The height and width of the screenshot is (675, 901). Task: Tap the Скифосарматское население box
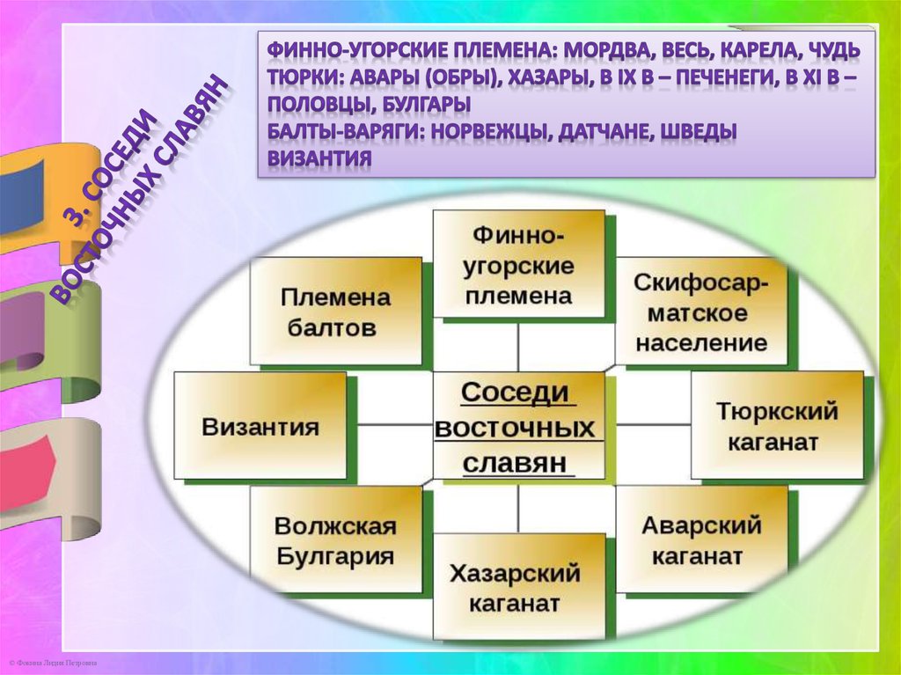700,312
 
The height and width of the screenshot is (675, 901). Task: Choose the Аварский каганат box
701,540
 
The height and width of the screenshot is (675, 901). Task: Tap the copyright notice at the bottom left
53,662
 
